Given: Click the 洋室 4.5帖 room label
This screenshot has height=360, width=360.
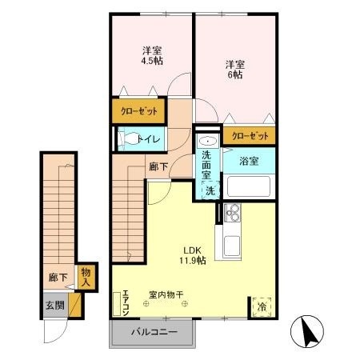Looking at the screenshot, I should click(150, 54).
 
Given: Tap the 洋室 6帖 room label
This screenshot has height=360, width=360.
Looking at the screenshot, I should click(234, 69).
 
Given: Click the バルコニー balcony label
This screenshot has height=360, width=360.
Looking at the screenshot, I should click(153, 330).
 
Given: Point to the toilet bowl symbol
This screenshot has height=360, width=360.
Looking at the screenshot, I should click(129, 140).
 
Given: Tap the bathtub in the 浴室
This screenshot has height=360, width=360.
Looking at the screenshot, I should click(248, 187).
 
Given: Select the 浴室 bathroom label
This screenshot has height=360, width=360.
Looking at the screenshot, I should click(248, 161).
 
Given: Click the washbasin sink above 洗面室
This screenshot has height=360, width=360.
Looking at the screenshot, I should click(206, 139).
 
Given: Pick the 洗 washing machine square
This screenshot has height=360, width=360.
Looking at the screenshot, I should click(209, 190).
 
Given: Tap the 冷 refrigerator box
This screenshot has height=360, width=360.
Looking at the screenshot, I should click(262, 306).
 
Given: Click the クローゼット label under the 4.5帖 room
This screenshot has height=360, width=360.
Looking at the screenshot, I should click(139, 110).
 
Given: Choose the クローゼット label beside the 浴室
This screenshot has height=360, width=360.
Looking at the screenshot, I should click(249, 135).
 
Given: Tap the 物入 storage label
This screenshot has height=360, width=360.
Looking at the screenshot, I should click(86, 276).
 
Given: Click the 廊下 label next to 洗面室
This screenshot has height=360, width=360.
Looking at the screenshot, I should click(158, 167).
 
